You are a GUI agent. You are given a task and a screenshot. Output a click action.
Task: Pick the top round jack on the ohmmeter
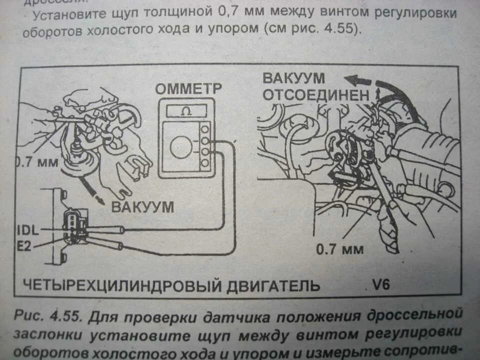[x=204, y=129]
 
